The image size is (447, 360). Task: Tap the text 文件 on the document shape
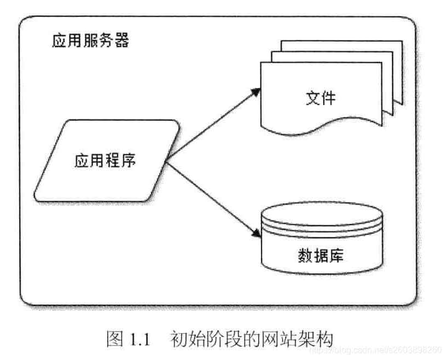[x=320, y=98]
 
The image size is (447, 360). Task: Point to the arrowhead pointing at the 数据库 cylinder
[x=256, y=234]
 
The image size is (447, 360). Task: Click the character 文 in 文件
[x=312, y=98]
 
